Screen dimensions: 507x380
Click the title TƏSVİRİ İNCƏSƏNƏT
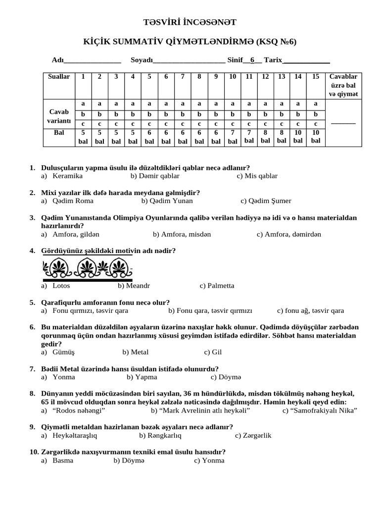pos(190,22)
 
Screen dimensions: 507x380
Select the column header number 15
pos(316,77)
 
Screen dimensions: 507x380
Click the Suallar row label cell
pos(59,77)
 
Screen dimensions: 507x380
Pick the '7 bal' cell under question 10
pos(233,137)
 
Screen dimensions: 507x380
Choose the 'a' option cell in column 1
pos(83,104)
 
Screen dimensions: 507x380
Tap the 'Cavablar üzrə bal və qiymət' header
pos(343,85)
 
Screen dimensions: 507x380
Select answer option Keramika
pos(67,176)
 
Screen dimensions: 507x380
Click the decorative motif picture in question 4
pos(88,269)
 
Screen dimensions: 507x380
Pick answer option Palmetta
pos(221,286)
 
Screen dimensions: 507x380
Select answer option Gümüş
pos(64,353)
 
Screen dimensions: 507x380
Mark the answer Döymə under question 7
pos(231,377)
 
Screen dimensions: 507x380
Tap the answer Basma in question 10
pos(63,460)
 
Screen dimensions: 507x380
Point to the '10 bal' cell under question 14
pos(298,137)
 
